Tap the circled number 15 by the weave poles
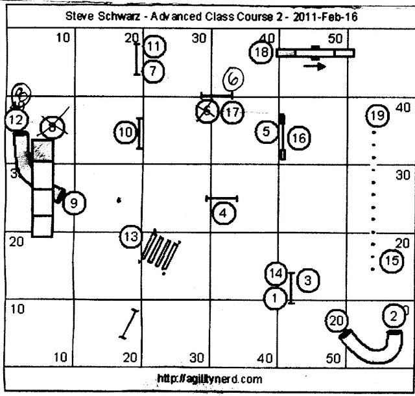(390, 261)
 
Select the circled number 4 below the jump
(222, 212)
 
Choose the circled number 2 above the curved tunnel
(393, 316)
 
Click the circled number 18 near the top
(261, 52)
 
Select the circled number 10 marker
(126, 133)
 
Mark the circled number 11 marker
(154, 47)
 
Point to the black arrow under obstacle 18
(314, 66)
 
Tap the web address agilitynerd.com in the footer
(202, 379)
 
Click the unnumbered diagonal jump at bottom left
(130, 324)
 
